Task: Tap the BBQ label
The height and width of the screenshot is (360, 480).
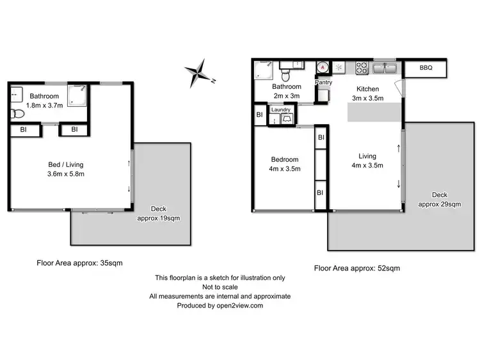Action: coord(426,67)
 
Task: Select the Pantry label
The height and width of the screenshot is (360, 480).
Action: coord(324,82)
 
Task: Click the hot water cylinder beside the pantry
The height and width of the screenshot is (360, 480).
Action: coord(323,67)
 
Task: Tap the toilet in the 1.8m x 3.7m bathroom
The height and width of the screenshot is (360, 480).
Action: coord(17,114)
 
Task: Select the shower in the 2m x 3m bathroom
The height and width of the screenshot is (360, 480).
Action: coord(262,69)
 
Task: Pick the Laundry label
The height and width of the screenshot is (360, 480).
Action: coord(281,110)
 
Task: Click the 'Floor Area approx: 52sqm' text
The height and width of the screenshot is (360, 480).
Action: coord(356,269)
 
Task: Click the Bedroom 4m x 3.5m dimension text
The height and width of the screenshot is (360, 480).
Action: coord(285,169)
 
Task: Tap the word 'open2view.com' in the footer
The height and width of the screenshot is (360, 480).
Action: coord(241,306)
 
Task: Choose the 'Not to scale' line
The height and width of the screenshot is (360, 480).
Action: coord(220,287)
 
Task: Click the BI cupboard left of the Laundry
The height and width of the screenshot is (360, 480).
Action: coord(259,115)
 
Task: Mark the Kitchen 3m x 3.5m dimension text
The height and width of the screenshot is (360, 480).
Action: coord(367,98)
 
